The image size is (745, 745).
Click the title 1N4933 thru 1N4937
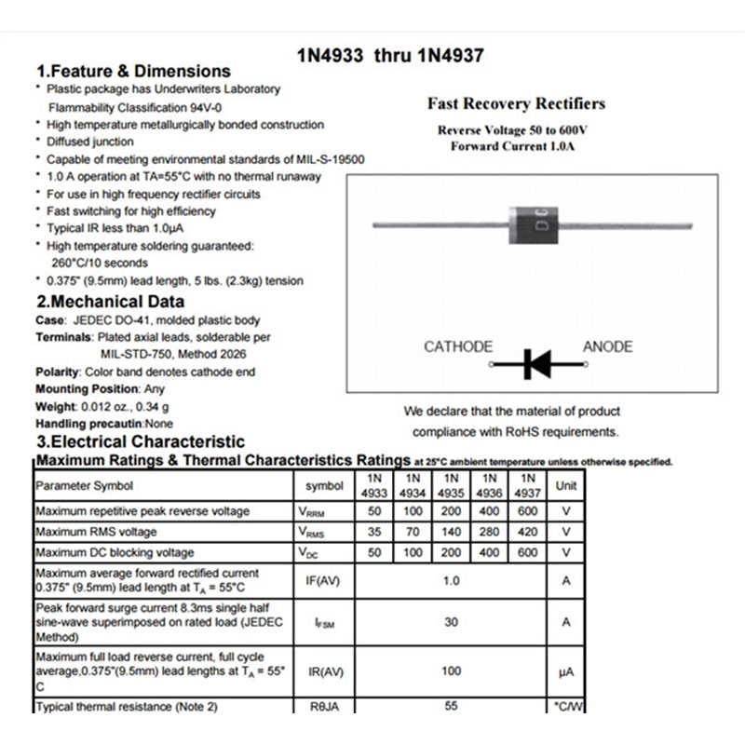click(389, 56)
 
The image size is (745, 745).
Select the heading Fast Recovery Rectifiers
click(516, 103)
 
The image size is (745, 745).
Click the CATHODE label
click(458, 347)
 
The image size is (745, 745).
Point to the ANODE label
click(607, 347)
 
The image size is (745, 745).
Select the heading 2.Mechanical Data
click(110, 302)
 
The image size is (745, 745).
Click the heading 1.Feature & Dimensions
click(133, 72)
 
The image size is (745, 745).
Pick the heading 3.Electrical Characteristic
click(140, 441)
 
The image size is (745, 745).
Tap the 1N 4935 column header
click(451, 485)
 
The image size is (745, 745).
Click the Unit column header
click(566, 485)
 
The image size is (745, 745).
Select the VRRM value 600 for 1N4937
click(528, 511)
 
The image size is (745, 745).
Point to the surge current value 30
click(451, 622)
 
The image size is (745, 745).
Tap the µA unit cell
click(566, 670)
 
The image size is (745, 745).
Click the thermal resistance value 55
click(451, 707)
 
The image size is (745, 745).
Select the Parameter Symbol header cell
click(84, 485)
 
